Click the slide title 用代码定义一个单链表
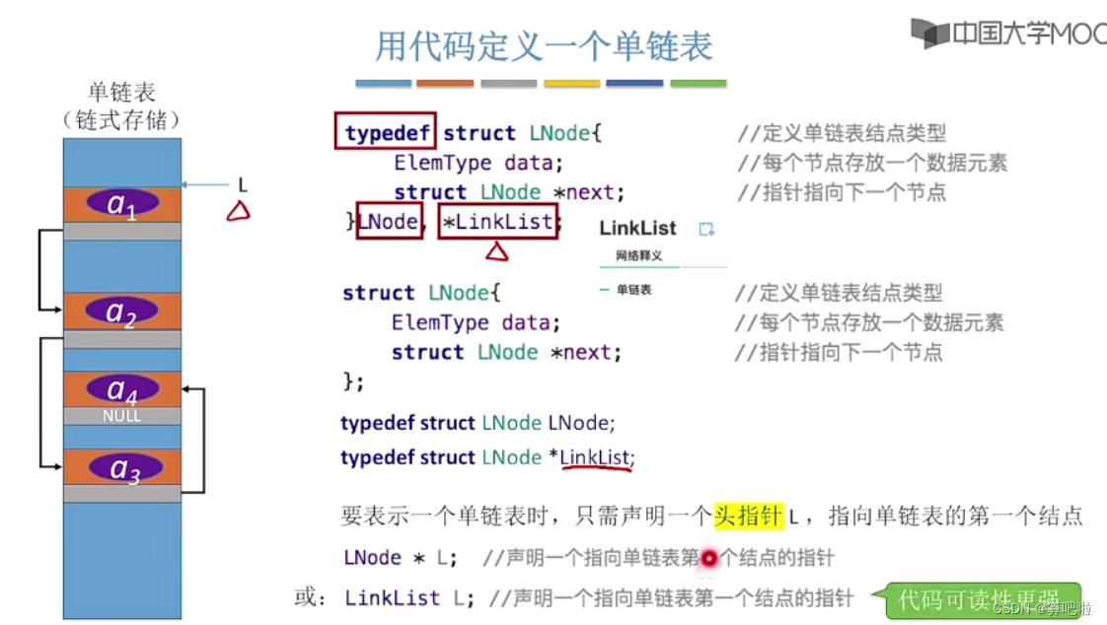[544, 45]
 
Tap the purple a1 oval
[121, 203]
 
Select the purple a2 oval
[121, 312]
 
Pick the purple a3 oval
[124, 468]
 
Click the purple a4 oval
[122, 389]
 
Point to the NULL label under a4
[121, 416]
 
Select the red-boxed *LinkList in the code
[497, 222]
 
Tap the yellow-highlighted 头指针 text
[748, 515]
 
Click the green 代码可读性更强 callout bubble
[977, 598]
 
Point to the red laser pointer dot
[707, 559]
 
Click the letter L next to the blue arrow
[242, 184]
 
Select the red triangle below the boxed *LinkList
[496, 251]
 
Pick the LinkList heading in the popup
[637, 229]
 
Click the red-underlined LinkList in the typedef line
[595, 457]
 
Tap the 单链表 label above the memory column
[121, 93]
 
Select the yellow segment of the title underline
[571, 84]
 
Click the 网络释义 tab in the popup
[638, 256]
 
